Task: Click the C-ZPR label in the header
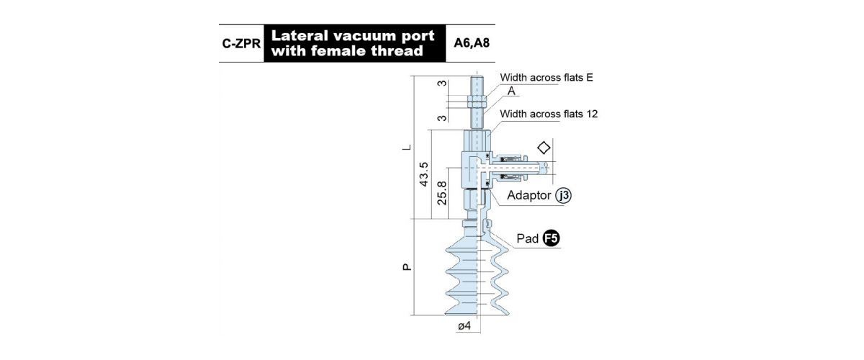pyautogui.click(x=241, y=44)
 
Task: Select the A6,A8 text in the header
pyautogui.click(x=472, y=42)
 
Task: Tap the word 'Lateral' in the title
pyautogui.click(x=299, y=36)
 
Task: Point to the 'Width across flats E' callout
pyautogui.click(x=546, y=78)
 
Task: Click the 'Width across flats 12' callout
pyautogui.click(x=549, y=114)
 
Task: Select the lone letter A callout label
pyautogui.click(x=511, y=91)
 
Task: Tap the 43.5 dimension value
pyautogui.click(x=423, y=174)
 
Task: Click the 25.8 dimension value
pyautogui.click(x=441, y=193)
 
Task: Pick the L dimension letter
pyautogui.click(x=407, y=147)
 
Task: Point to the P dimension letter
pyautogui.click(x=407, y=267)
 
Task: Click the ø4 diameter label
pyautogui.click(x=464, y=326)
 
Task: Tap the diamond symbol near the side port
pyautogui.click(x=544, y=148)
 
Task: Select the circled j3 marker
pyautogui.click(x=563, y=196)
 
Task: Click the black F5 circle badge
pyautogui.click(x=551, y=238)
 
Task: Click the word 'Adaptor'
pyautogui.click(x=528, y=196)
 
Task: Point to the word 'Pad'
pyautogui.click(x=527, y=238)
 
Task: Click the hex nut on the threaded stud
pyautogui.click(x=477, y=102)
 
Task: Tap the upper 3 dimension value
pyautogui.click(x=442, y=84)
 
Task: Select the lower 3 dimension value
pyautogui.click(x=442, y=118)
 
